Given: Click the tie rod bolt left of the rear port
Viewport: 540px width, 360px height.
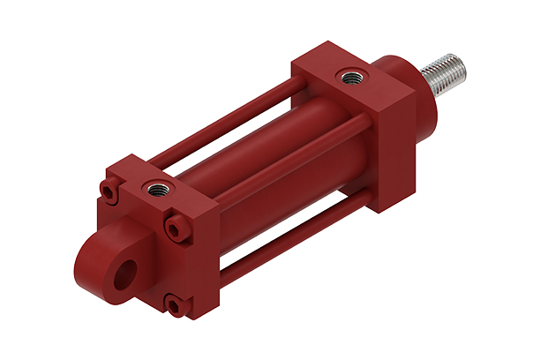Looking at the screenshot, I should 109,191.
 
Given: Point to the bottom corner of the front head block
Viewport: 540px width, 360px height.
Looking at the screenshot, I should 380,211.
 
